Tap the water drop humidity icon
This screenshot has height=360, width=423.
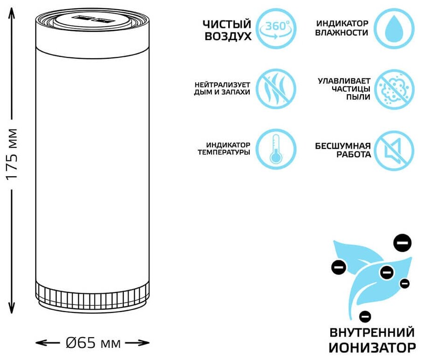(394, 28)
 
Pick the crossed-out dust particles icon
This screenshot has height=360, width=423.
(394, 89)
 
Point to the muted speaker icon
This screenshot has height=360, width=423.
(394, 150)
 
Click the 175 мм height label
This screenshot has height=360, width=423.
(12, 154)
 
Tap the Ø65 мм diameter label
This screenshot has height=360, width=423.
(93, 344)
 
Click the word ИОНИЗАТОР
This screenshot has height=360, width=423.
(372, 347)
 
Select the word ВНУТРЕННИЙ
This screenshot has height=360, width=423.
(372, 333)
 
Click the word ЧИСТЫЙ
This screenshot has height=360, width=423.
(227, 24)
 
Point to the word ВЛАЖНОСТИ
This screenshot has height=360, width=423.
(341, 33)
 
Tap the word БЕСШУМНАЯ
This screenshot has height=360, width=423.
(343, 145)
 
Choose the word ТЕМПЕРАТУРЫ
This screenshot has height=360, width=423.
(224, 152)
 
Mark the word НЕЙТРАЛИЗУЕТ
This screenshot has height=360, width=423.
(223, 84)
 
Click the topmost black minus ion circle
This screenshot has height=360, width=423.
(402, 242)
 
